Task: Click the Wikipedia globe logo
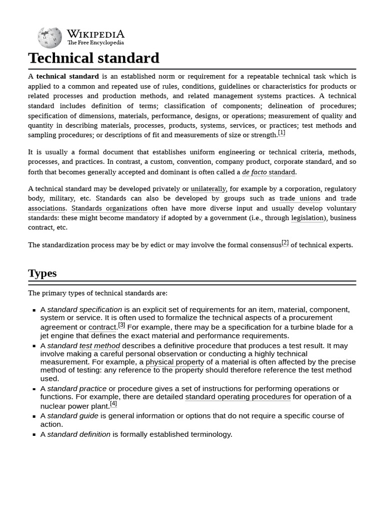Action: click(x=49, y=38)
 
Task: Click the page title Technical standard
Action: click(x=93, y=58)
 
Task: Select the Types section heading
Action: click(x=42, y=273)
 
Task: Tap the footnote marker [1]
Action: click(x=281, y=133)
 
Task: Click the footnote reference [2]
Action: click(x=285, y=242)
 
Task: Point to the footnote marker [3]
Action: click(x=121, y=325)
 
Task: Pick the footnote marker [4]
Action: click(x=113, y=404)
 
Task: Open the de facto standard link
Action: click(x=268, y=172)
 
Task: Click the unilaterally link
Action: click(x=208, y=189)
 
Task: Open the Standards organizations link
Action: click(x=109, y=208)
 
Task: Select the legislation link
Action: click(x=307, y=218)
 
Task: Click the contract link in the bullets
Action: click(x=102, y=328)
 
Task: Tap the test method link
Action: click(x=99, y=346)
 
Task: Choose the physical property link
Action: click(x=175, y=362)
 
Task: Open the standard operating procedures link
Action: click(x=237, y=397)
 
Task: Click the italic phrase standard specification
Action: click(x=84, y=310)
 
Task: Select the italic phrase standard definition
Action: click(x=78, y=434)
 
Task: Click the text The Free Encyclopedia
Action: click(x=95, y=43)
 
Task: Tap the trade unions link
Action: click(x=300, y=198)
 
